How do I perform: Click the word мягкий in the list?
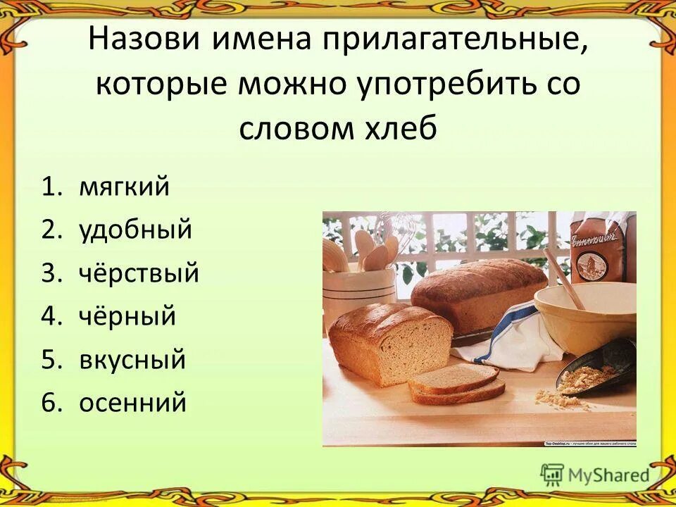[124, 188]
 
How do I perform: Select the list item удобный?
[135, 230]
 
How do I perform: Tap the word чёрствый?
[139, 273]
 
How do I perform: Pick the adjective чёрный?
[127, 316]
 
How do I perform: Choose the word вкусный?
[132, 359]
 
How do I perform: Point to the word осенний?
[132, 403]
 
